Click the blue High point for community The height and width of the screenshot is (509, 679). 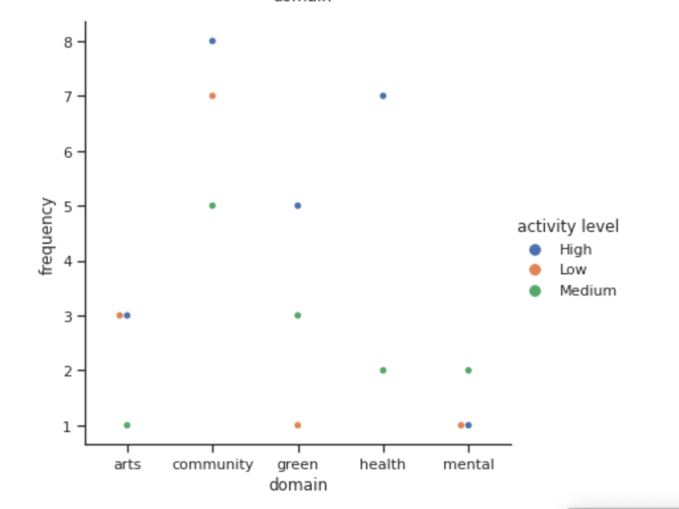pos(212,41)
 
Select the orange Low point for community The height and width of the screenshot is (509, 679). pos(212,96)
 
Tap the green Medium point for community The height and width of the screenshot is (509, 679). pos(212,205)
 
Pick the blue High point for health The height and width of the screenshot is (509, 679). pos(383,96)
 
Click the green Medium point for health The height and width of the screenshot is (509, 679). pos(383,370)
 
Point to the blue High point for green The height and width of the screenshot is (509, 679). pos(298,205)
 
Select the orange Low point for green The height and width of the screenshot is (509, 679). pos(298,425)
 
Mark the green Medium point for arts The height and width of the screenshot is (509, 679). pos(127,425)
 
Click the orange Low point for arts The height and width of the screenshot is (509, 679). pos(119,315)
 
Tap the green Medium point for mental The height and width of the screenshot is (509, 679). pos(468,370)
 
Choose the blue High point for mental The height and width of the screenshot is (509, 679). pos(469,425)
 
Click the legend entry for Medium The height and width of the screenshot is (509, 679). pos(587,290)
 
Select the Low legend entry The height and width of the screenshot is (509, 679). pos(573,270)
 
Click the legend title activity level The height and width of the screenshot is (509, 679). pos(568,227)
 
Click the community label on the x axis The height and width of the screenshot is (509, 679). pos(212,465)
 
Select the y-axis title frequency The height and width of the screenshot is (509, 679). pos(46,236)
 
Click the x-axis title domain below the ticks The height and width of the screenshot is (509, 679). pos(298,485)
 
